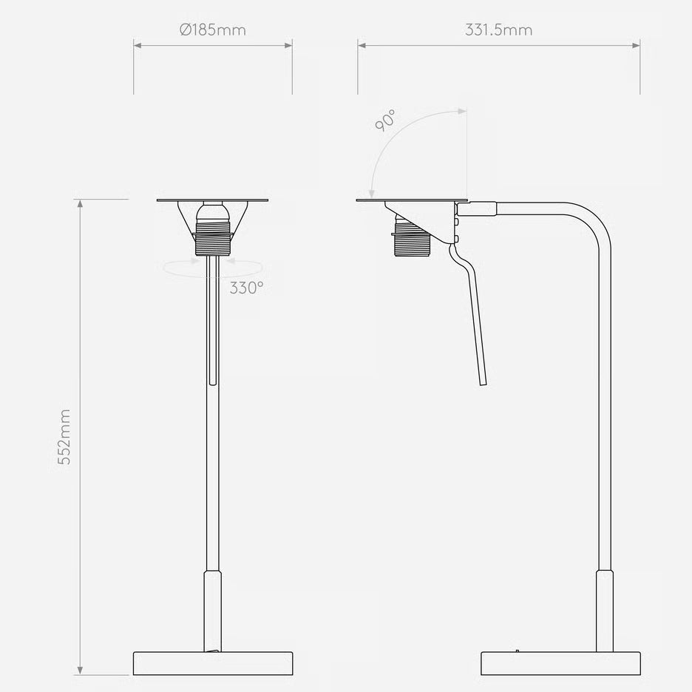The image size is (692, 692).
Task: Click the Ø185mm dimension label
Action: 213,30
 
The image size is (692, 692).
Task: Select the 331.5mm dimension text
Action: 499,30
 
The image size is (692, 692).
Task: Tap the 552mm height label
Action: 64,437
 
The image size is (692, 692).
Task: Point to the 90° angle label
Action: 385,121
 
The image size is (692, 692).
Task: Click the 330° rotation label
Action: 246,288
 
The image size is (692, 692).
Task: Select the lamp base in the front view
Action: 213,663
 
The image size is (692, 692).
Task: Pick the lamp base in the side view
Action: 560,663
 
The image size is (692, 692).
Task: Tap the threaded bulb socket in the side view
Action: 413,239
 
